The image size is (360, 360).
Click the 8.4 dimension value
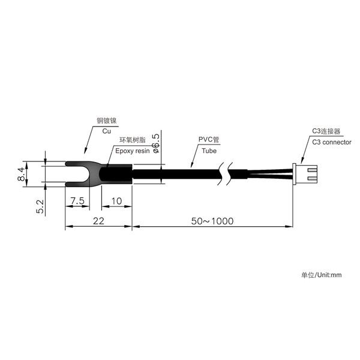[x=21, y=174]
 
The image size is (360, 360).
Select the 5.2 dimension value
[x=40, y=206]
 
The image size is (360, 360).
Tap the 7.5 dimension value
[x=77, y=201]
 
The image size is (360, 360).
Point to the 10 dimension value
[x=116, y=201]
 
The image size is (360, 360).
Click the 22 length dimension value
[x=99, y=221]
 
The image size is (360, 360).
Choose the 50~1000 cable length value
[x=212, y=221]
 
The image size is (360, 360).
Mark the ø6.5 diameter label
[x=155, y=143]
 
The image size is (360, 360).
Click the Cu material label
[x=107, y=131]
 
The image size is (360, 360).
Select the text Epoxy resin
[x=132, y=151]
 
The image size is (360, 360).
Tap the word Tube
[x=209, y=151]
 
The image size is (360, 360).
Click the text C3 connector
[x=332, y=142]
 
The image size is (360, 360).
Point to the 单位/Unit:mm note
[x=322, y=275]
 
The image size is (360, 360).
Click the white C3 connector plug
[x=305, y=175]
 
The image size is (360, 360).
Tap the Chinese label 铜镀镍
[x=107, y=121]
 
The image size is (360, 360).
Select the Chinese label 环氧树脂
[x=133, y=140]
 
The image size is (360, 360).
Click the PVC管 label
[x=209, y=139]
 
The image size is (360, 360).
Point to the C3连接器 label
[x=326, y=131]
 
